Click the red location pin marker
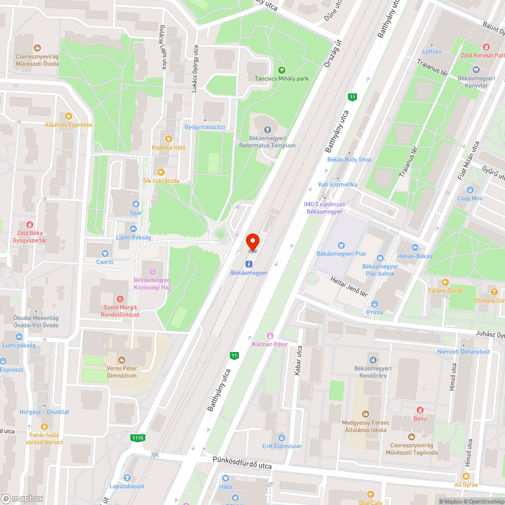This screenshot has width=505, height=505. [252, 242]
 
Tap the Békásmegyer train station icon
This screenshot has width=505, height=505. [248, 264]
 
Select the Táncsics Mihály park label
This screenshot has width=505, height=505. [281, 78]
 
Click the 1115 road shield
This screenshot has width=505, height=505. [137, 438]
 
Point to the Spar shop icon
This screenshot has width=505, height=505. [135, 204]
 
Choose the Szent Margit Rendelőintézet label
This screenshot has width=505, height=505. [120, 311]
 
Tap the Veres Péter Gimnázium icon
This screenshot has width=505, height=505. [121, 360]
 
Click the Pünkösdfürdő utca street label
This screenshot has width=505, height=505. [242, 463]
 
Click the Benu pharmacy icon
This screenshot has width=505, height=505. [419, 410]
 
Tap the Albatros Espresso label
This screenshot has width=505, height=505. [68, 125]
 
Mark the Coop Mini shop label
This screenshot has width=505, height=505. [470, 198]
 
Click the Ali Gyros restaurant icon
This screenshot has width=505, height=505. [466, 476]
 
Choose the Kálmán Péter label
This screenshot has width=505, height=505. [270, 344]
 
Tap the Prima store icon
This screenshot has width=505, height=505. [375, 304]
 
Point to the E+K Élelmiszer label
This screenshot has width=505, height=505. [282, 446]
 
